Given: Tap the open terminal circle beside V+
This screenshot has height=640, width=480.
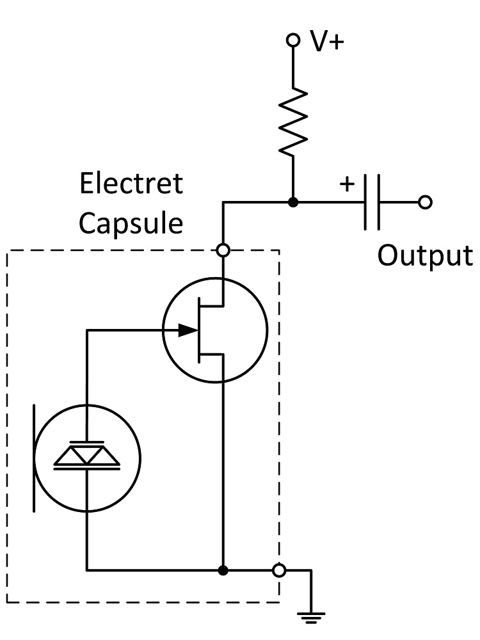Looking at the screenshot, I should click(x=292, y=40).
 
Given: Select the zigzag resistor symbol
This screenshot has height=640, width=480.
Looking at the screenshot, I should click(x=292, y=122).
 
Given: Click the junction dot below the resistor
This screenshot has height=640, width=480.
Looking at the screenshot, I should click(x=292, y=203).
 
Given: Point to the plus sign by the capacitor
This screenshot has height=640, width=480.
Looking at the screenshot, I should click(x=346, y=184).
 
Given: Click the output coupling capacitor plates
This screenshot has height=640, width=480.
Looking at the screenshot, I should click(x=372, y=203).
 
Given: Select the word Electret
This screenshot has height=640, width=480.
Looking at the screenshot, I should click(x=131, y=184).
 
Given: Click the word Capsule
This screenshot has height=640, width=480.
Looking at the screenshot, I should click(x=131, y=223).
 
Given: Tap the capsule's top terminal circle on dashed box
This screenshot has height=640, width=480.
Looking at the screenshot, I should click(x=223, y=250).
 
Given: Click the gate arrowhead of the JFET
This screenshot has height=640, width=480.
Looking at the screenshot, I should click(x=187, y=330).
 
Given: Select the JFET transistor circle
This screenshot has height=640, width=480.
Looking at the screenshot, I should click(x=214, y=330).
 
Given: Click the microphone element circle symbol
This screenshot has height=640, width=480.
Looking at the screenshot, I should click(x=86, y=458).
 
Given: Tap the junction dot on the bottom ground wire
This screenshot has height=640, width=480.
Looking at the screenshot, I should click(x=223, y=570).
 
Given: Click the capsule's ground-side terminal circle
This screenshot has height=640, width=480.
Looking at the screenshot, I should click(x=278, y=570).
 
